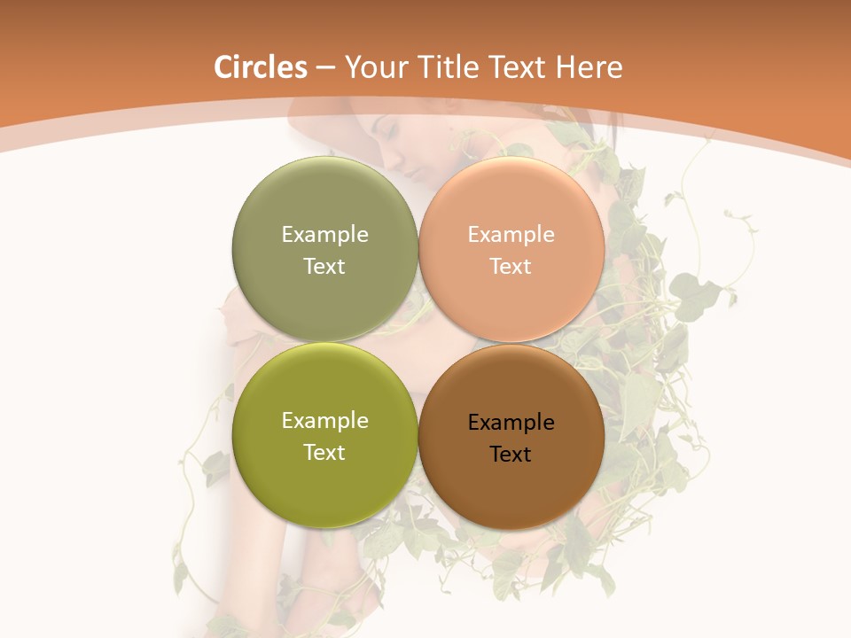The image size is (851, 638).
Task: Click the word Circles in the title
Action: click(x=260, y=67)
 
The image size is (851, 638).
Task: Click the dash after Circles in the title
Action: click(x=325, y=68)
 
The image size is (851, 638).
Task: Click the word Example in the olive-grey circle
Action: click(x=324, y=234)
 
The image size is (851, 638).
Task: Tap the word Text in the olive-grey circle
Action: click(x=324, y=266)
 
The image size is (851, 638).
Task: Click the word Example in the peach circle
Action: click(x=511, y=234)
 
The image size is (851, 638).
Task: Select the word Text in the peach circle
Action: click(x=511, y=266)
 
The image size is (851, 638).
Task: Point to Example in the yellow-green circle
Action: click(x=324, y=420)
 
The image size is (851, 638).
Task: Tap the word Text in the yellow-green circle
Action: click(x=324, y=452)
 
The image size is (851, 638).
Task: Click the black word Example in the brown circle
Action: click(x=511, y=422)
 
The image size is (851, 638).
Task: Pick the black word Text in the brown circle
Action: click(x=511, y=454)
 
